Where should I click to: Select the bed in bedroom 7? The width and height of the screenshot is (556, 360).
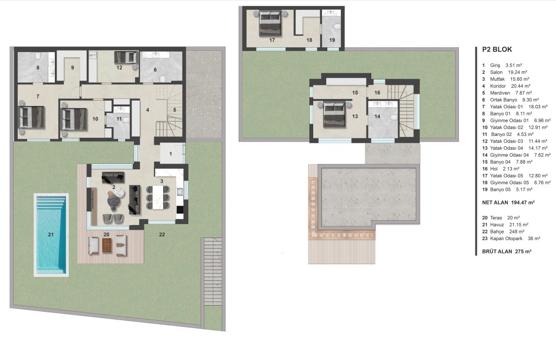pyautogui.click(x=31, y=117)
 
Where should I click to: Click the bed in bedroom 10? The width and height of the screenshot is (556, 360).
pyautogui.click(x=74, y=119)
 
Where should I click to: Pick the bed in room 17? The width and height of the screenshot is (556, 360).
pyautogui.click(x=270, y=23)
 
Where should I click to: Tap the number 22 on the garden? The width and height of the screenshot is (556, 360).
pyautogui.click(x=162, y=234)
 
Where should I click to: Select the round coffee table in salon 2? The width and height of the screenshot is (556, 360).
pyautogui.click(x=114, y=201)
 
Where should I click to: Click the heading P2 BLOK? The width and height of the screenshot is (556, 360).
pyautogui.click(x=497, y=50)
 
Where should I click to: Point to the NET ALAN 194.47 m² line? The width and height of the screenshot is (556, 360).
pyautogui.click(x=508, y=202)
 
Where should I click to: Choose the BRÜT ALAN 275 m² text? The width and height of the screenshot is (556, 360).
pyautogui.click(x=507, y=251)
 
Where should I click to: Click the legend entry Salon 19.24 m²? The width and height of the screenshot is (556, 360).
pyautogui.click(x=509, y=72)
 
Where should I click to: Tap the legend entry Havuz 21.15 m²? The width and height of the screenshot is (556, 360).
pyautogui.click(x=509, y=225)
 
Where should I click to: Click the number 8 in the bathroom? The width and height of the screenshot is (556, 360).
pyautogui.click(x=38, y=68)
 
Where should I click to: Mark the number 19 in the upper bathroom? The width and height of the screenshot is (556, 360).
pyautogui.click(x=332, y=40)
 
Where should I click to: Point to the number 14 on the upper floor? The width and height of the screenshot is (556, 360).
pyautogui.click(x=377, y=116)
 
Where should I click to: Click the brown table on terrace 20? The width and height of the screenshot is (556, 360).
pyautogui.click(x=107, y=245)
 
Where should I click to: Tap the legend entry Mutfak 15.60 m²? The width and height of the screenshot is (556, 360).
pyautogui.click(x=510, y=79)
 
